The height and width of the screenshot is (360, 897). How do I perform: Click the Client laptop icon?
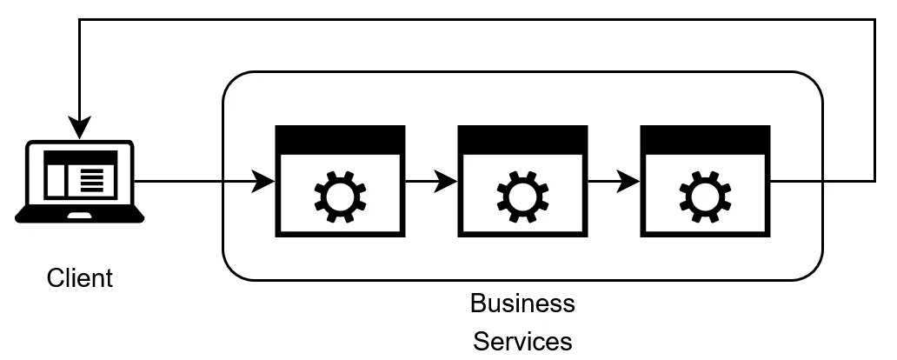coord(79,181)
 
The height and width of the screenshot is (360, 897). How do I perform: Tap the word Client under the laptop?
coord(79,278)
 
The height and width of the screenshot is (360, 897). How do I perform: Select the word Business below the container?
coord(522,303)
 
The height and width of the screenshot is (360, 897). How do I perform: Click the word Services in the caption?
coord(522,341)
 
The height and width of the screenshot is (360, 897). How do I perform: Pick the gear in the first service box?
coord(341,197)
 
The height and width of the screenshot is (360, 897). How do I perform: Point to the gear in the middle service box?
coord(523,197)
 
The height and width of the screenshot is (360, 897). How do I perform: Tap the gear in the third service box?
coord(706,197)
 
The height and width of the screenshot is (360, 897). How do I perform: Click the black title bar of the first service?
coord(341,140)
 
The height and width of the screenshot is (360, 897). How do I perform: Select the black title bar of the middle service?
coord(523,140)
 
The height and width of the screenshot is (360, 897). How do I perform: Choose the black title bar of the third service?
coord(706,140)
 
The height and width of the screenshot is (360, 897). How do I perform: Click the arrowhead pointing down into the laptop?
coord(79,128)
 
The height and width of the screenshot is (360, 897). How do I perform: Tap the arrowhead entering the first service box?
coord(263,182)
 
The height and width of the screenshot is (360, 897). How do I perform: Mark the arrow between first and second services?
coord(431,182)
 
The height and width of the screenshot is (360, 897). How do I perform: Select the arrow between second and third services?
coord(614,182)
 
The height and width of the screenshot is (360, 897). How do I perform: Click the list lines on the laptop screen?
coord(92,180)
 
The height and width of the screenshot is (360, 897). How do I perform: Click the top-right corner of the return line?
coord(874,20)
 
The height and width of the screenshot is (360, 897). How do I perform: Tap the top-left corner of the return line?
coord(79,20)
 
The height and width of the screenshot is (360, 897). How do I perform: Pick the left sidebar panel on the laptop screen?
coord(56,180)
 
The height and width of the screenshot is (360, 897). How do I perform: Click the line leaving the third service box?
coord(823,182)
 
